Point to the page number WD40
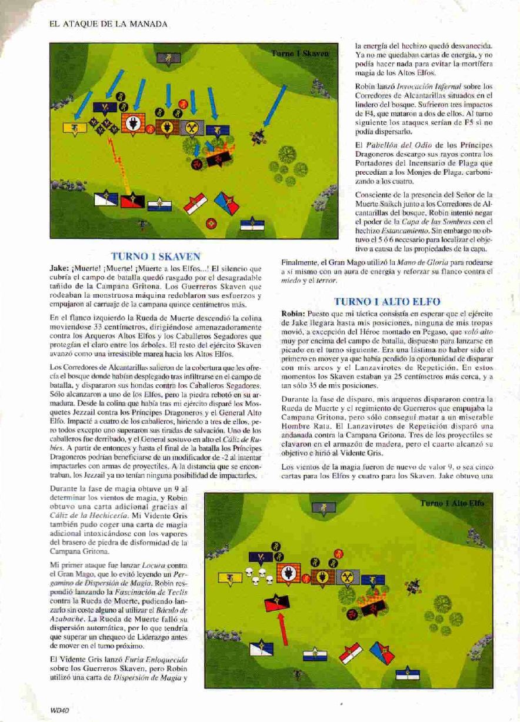[60, 711]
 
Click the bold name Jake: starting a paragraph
[62, 267]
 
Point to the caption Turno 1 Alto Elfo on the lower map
[460, 504]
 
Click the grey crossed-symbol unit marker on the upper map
[191, 128]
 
